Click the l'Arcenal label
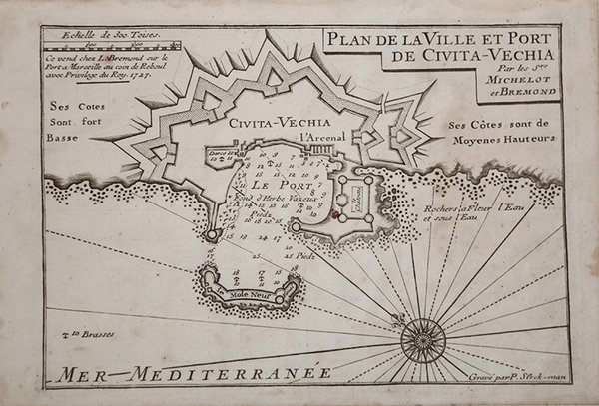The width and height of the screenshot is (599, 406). [x=310, y=137]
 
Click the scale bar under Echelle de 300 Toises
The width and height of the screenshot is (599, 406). [x=110, y=46]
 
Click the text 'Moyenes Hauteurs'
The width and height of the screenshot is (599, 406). [x=515, y=141]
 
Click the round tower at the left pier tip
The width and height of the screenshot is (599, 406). [x=213, y=234]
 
